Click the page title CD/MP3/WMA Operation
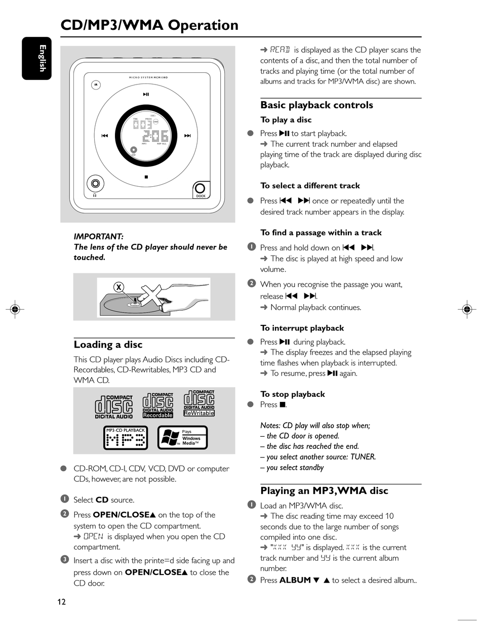pyautogui.click(x=149, y=25)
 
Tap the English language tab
pyautogui.click(x=37, y=58)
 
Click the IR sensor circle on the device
pyautogui.click(x=96, y=85)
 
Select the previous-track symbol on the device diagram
pyautogui.click(x=105, y=136)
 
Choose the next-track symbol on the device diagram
pyautogui.click(x=187, y=136)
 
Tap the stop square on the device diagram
pyautogui.click(x=146, y=177)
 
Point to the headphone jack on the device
pyautogui.click(x=95, y=184)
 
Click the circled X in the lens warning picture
pyautogui.click(x=119, y=287)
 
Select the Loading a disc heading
pyautogui.click(x=108, y=345)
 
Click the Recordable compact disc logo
pyautogui.click(x=157, y=405)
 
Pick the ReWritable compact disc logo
pyautogui.click(x=199, y=403)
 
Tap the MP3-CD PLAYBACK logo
pyautogui.click(x=126, y=438)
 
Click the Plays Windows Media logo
pyautogui.click(x=182, y=438)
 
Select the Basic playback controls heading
pyautogui.click(x=316, y=105)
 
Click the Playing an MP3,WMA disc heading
pyautogui.click(x=324, y=490)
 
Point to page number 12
pyautogui.click(x=61, y=602)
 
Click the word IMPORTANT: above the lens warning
pyautogui.click(x=99, y=236)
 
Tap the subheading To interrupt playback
pyautogui.click(x=302, y=328)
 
